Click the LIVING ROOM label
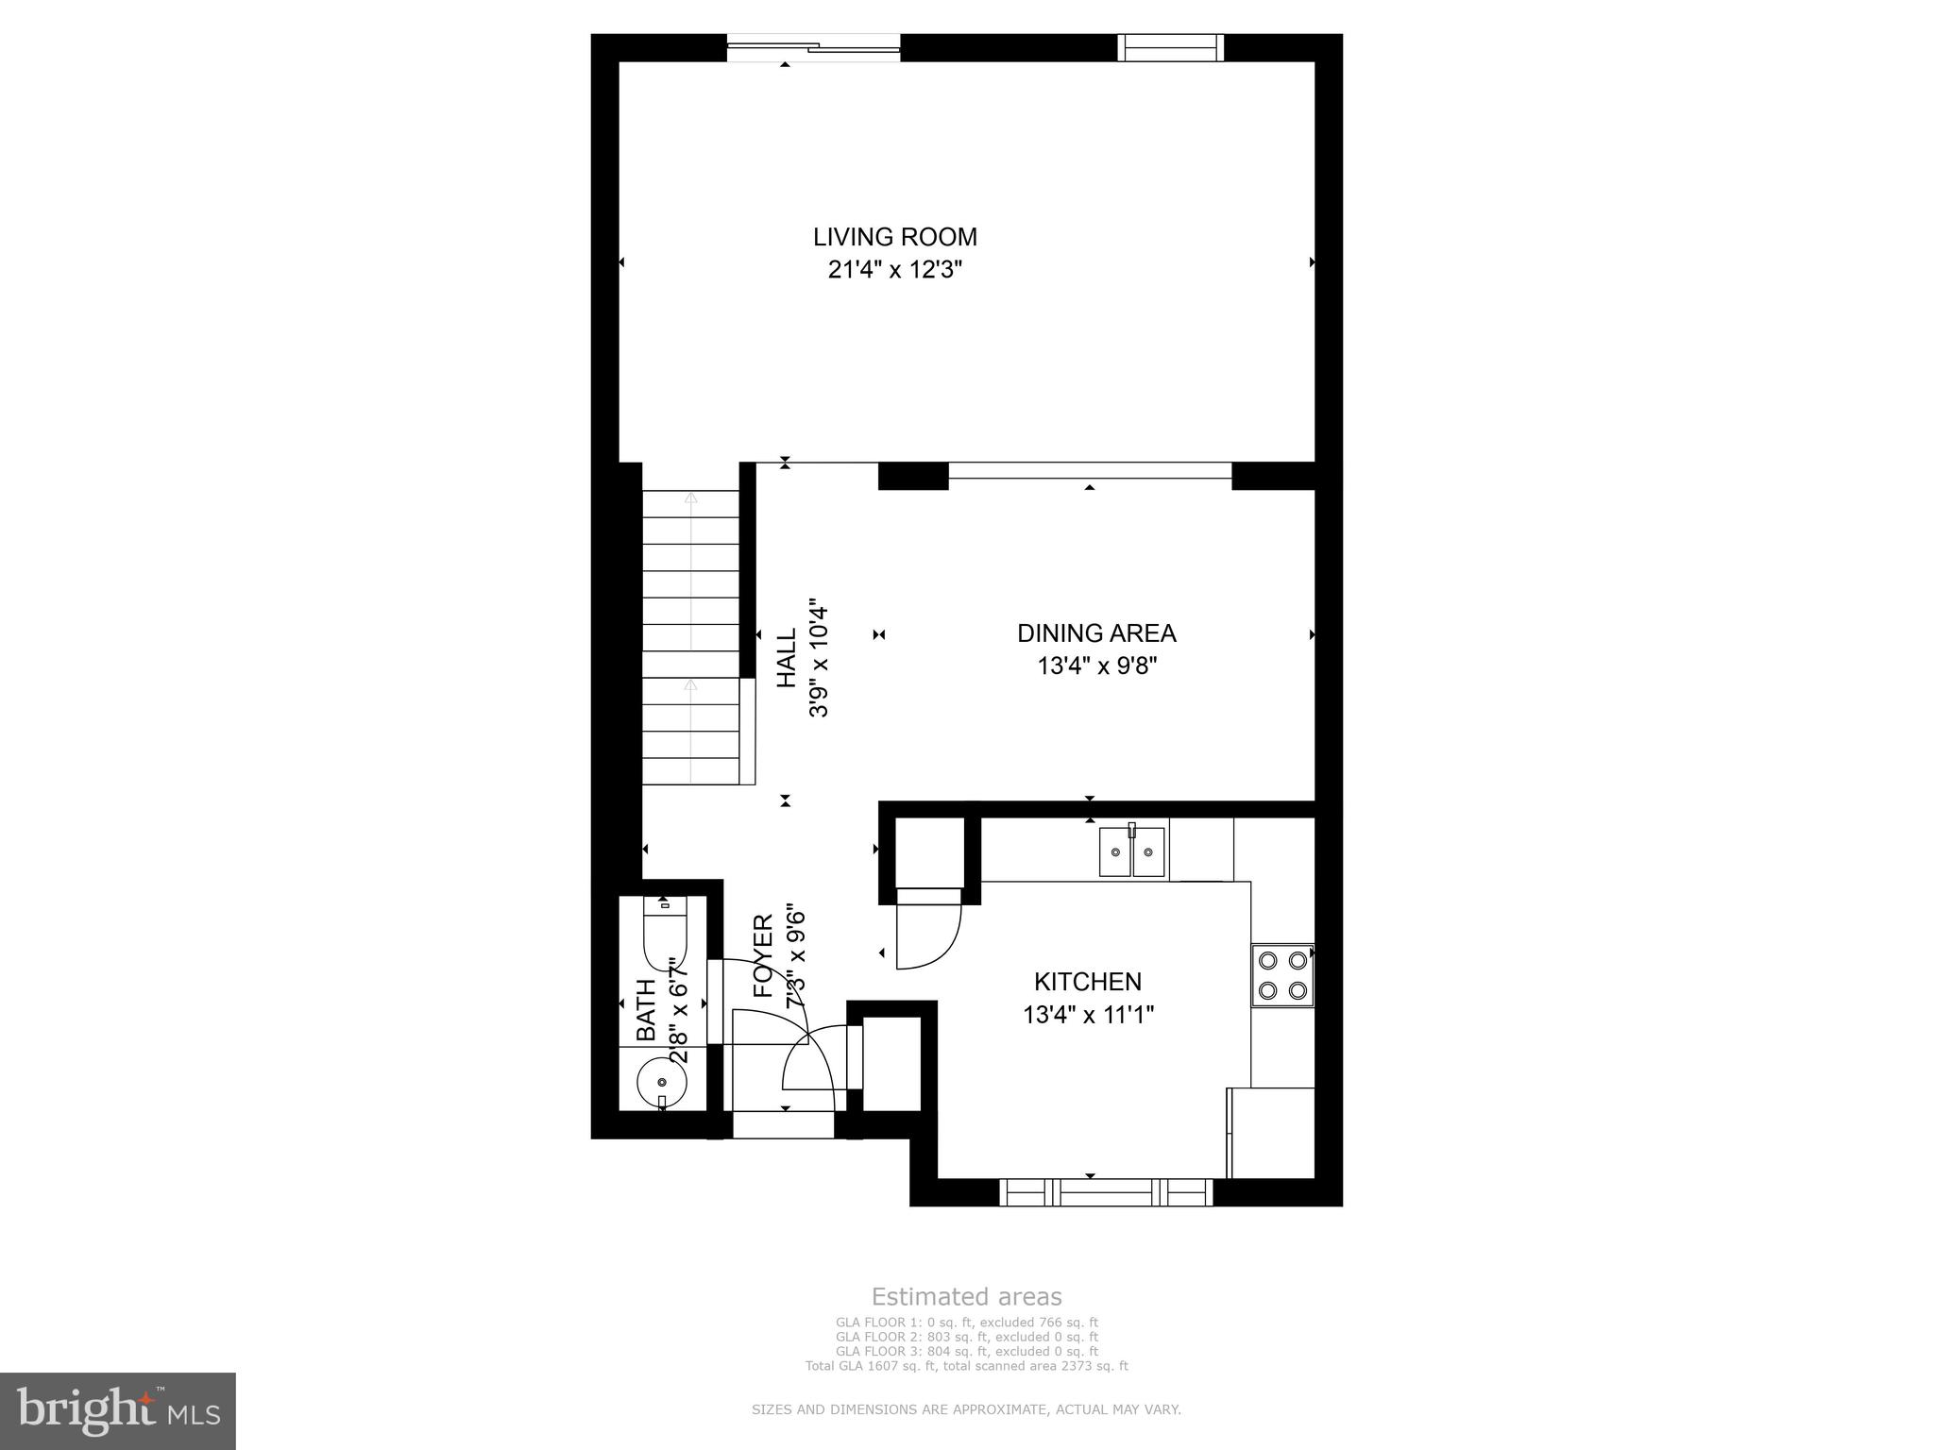[x=894, y=237]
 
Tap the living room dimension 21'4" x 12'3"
[x=894, y=270]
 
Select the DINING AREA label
[x=1095, y=633]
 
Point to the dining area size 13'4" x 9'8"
[x=1096, y=666]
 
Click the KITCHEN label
[x=1087, y=982]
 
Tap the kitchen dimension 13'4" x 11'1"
[x=1088, y=1016]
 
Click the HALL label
[x=786, y=660]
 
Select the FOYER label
[x=763, y=957]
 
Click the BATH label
[x=646, y=1010]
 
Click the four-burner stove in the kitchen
[x=1282, y=975]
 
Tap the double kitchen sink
[x=1131, y=851]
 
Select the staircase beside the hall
[x=690, y=636]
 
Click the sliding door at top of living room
[x=813, y=47]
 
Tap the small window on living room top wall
[x=1170, y=47]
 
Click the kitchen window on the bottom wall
[x=1106, y=1192]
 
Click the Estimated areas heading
[x=966, y=1296]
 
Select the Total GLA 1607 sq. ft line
[x=966, y=1365]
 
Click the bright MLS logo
[x=118, y=1410]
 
